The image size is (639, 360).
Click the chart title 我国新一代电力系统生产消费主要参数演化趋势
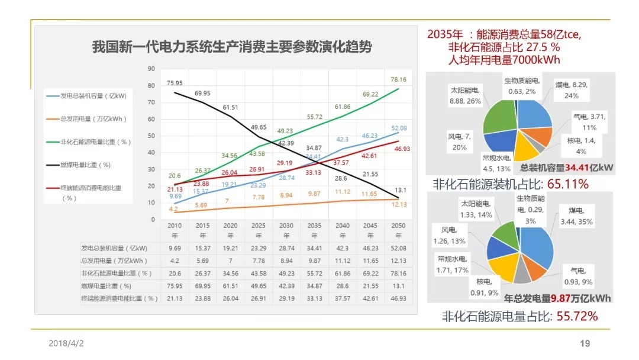click(x=231, y=47)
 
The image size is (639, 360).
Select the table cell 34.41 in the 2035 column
click(x=313, y=248)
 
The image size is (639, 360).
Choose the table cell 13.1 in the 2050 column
click(x=398, y=286)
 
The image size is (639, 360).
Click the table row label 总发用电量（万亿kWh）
click(x=114, y=261)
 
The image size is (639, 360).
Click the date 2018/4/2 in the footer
click(x=66, y=343)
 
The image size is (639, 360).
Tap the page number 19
click(x=585, y=343)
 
